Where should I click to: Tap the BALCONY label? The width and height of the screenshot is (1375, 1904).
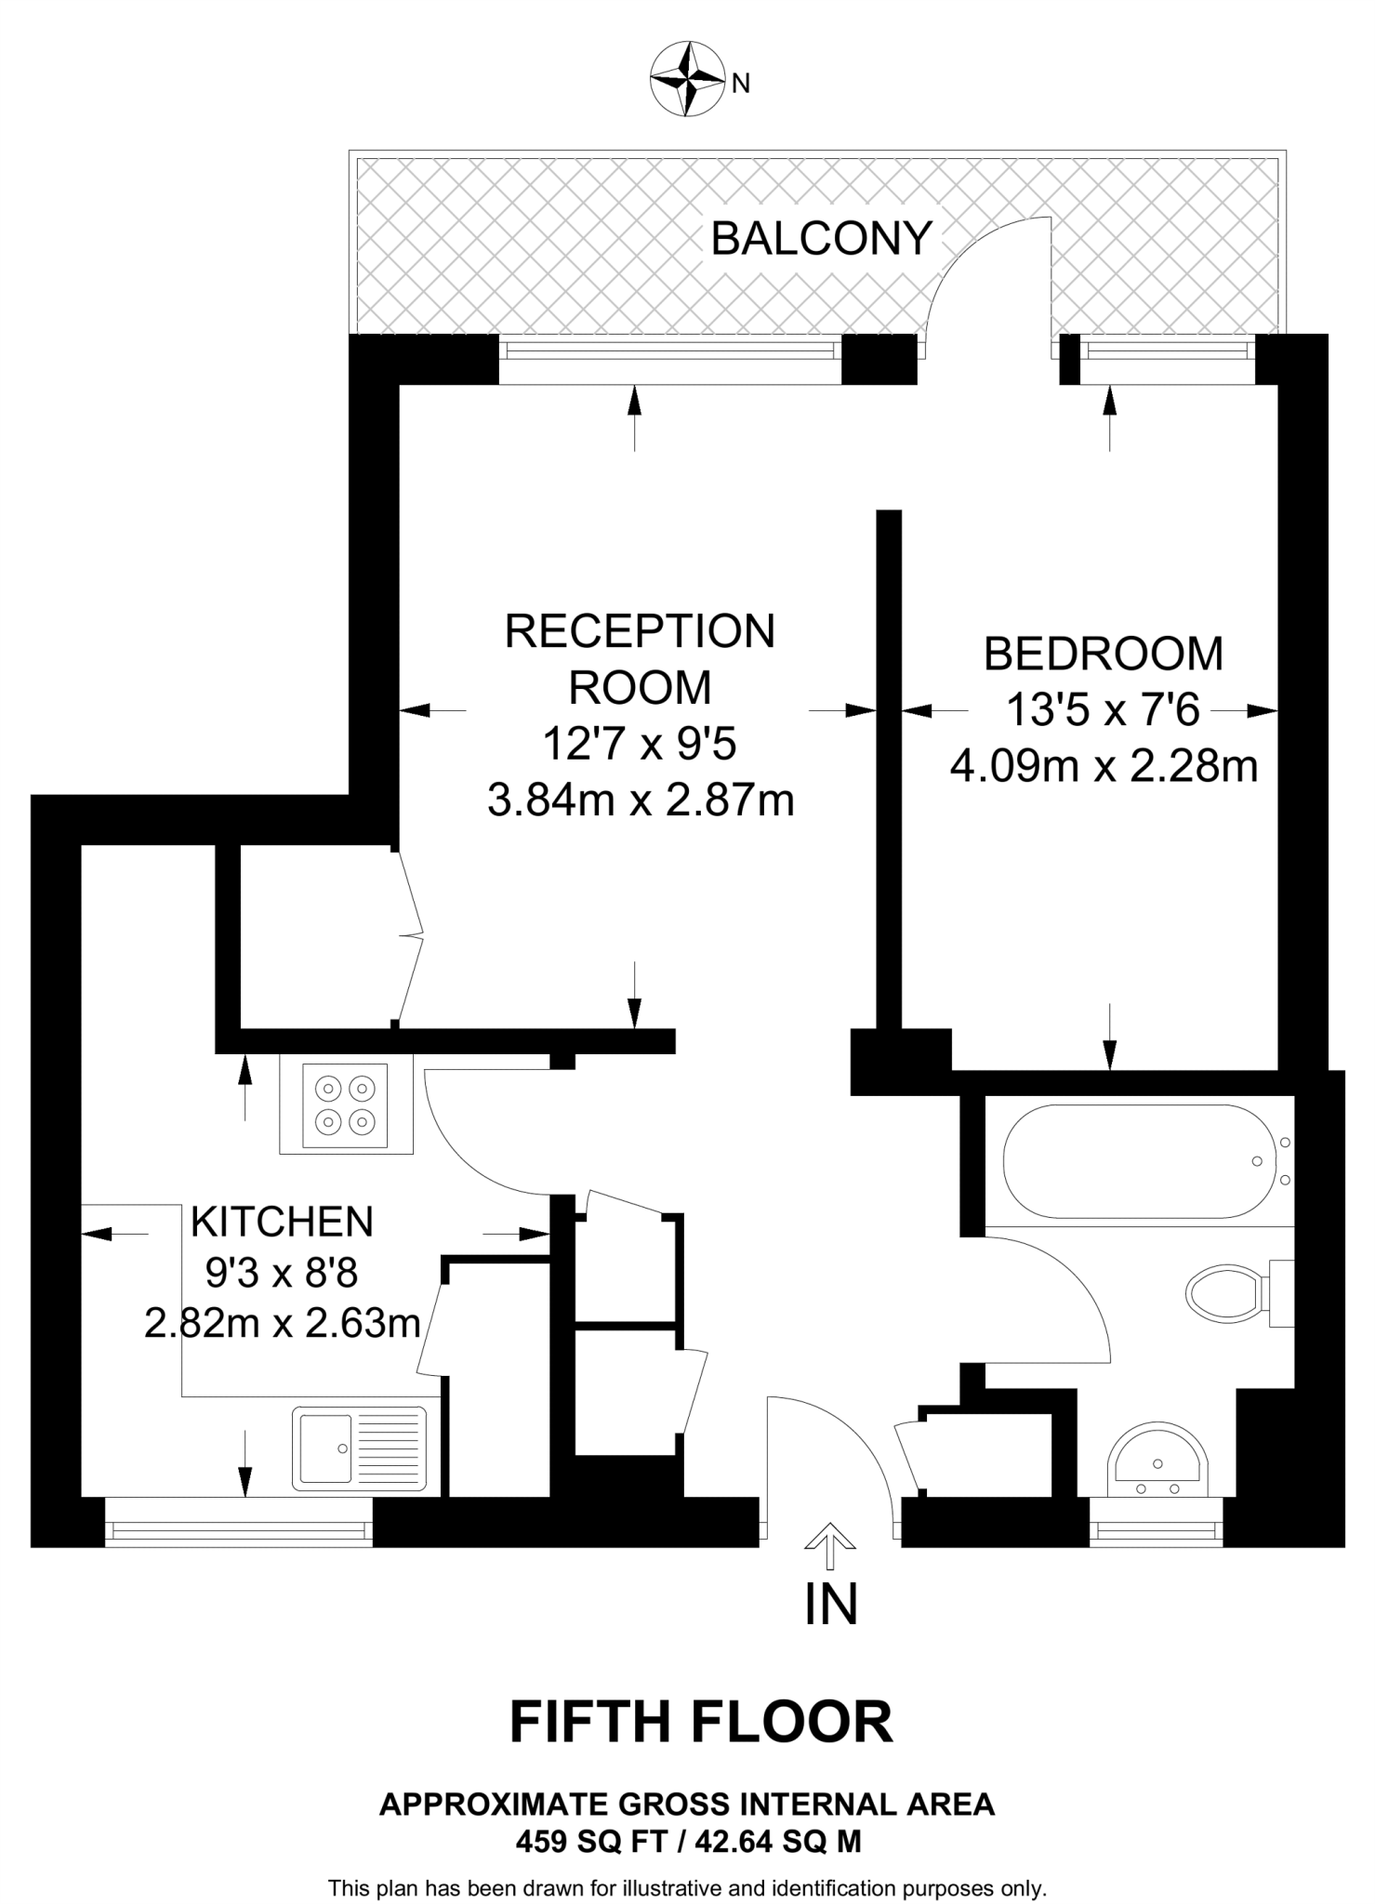pyautogui.click(x=821, y=239)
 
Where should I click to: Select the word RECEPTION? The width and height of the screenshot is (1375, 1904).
pyautogui.click(x=640, y=632)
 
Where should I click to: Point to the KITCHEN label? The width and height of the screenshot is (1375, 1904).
pyautogui.click(x=282, y=1222)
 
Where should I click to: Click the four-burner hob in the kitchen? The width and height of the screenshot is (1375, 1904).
pyautogui.click(x=345, y=1107)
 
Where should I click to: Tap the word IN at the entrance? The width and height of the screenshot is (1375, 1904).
pyautogui.click(x=830, y=1604)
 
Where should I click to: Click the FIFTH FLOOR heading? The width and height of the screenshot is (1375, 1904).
pyautogui.click(x=701, y=1722)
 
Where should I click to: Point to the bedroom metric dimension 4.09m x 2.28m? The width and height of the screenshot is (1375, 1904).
pyautogui.click(x=1104, y=767)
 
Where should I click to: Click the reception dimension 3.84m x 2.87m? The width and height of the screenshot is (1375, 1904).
pyautogui.click(x=641, y=800)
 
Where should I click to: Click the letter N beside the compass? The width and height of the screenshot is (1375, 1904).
pyautogui.click(x=741, y=85)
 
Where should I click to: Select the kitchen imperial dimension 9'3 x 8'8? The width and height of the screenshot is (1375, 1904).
pyautogui.click(x=282, y=1273)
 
